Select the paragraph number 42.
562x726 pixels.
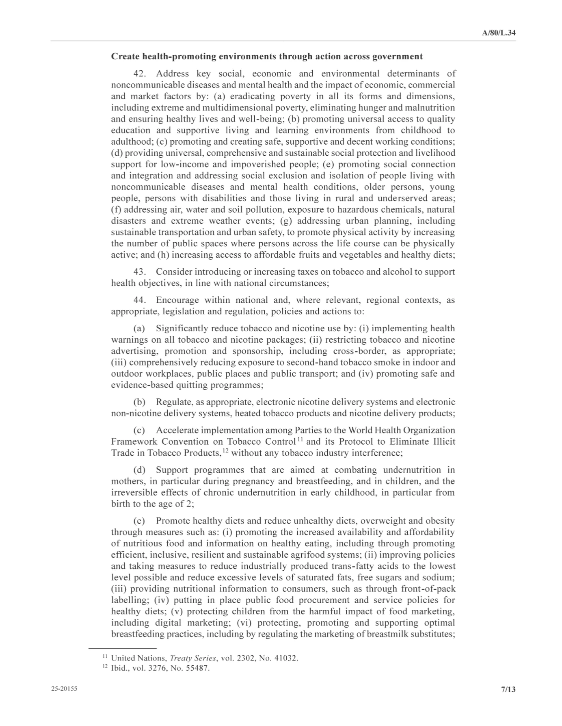click(140, 74)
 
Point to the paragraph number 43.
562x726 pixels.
click(140, 272)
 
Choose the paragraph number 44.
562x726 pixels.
click(140, 300)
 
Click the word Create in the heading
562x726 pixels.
click(125, 57)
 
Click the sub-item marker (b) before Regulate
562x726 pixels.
click(139, 402)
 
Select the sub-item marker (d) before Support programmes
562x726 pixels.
click(139, 470)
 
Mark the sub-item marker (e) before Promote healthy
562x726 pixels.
click(139, 521)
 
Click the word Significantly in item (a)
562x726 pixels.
click(181, 328)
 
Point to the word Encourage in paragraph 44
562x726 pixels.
click(177, 300)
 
